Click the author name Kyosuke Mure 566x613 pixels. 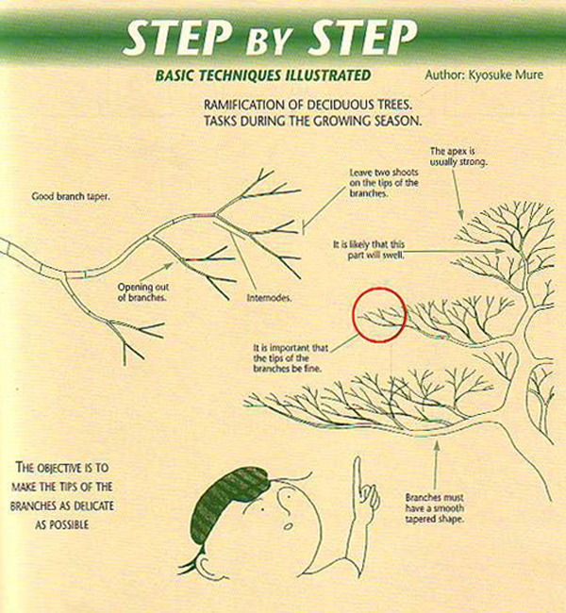pyautogui.click(x=506, y=75)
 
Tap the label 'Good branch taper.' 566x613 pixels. pyautogui.click(x=71, y=196)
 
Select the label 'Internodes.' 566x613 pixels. pyautogui.click(x=269, y=298)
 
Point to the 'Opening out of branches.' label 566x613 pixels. pyautogui.click(x=143, y=292)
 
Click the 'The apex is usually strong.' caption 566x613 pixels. pyautogui.click(x=458, y=157)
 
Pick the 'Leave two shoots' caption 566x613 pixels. pyautogui.click(x=384, y=173)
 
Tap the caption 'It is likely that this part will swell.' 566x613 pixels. pyautogui.click(x=369, y=250)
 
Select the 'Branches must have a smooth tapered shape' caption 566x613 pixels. pyautogui.click(x=435, y=508)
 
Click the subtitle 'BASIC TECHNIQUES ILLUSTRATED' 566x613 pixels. pyautogui.click(x=263, y=75)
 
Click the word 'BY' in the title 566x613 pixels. pyautogui.click(x=269, y=41)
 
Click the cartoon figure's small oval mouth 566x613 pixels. pyautogui.click(x=289, y=526)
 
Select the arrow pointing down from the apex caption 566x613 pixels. pyautogui.click(x=458, y=194)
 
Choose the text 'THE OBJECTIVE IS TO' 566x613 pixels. pyautogui.click(x=62, y=467)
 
